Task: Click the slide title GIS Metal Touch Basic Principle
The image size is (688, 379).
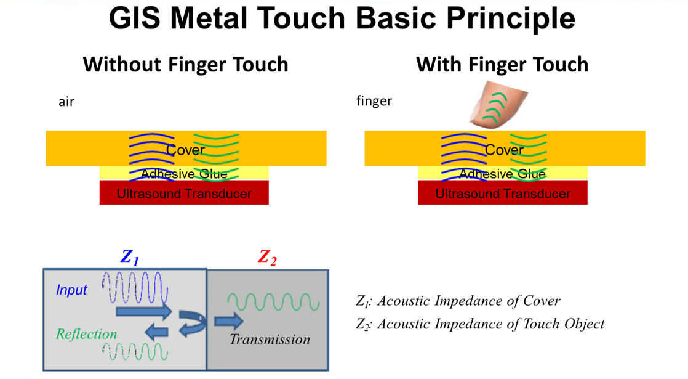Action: pos(342,18)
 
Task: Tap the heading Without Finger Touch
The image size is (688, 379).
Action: pos(186,65)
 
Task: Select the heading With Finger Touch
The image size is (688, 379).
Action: pos(502,65)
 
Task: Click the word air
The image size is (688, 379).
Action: pos(66,102)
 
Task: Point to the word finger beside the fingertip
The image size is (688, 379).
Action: pos(374,101)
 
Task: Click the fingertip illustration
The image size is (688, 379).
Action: pos(498,105)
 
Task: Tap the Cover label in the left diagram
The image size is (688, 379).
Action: pos(185,150)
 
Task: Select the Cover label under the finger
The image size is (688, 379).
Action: pos(504,150)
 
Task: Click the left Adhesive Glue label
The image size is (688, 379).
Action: pos(184,174)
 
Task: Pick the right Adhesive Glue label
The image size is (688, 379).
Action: pos(502,174)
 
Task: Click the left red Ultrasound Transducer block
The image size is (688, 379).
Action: pos(184,193)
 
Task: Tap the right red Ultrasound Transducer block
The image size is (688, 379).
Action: pos(502,193)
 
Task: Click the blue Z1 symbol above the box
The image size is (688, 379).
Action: pos(130,258)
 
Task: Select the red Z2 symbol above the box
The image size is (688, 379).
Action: pos(267,258)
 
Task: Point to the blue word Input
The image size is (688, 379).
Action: pos(71,290)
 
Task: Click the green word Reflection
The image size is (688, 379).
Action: pos(86,334)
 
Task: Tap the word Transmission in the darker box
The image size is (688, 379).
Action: pos(270,340)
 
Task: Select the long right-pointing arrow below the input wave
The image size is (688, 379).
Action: pos(143,312)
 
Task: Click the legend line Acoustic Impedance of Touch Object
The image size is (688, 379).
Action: pos(480,324)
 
